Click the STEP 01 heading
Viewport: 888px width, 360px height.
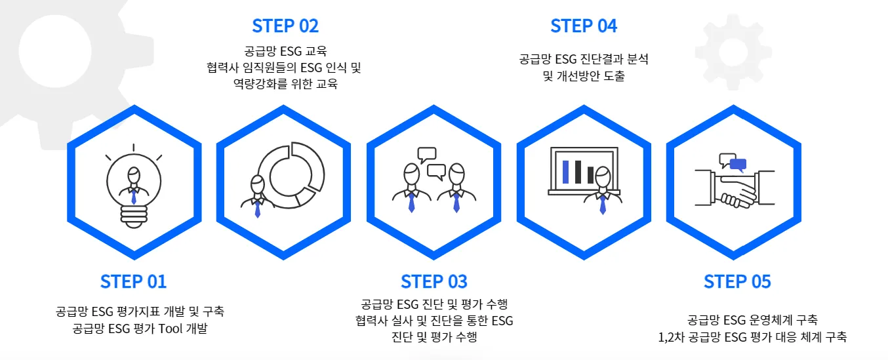[134, 281]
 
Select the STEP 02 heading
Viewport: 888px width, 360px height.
[285, 26]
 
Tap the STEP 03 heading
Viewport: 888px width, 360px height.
[434, 281]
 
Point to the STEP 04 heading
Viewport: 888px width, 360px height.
[584, 26]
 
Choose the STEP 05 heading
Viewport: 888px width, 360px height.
[737, 281]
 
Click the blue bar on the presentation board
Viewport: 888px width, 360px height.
[565, 171]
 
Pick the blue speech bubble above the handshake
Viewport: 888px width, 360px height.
[738, 164]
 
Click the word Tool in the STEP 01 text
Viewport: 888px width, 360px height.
[172, 329]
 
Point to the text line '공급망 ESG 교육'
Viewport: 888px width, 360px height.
[285, 50]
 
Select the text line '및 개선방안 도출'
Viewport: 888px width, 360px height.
[584, 76]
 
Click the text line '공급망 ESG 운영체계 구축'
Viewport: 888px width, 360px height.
[752, 321]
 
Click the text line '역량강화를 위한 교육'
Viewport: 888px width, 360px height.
[285, 84]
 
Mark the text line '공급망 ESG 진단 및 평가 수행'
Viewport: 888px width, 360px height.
[434, 304]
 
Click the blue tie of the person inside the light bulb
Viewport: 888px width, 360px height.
[134, 196]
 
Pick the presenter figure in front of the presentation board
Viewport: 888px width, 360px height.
[603, 191]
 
